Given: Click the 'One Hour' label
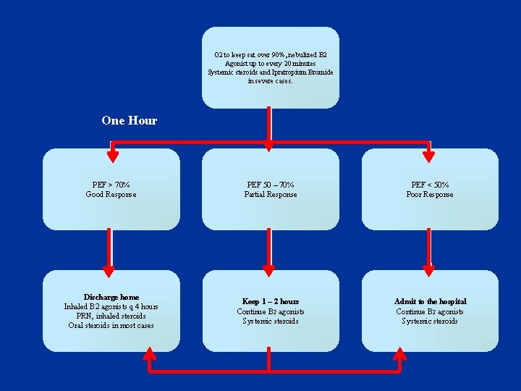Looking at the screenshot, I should click(129, 121).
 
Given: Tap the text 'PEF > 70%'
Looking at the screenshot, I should click(111, 185).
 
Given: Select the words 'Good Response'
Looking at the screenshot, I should click(111, 195).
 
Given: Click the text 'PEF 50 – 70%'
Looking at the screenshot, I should click(270, 185).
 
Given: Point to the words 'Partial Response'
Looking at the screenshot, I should click(270, 195).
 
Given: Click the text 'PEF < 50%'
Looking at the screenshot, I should click(430, 185).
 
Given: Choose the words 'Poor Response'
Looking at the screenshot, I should click(430, 195).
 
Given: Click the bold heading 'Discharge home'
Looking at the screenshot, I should click(111, 297).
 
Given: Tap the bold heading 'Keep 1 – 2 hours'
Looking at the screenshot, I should click(270, 301).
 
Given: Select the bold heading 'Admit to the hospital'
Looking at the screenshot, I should click(430, 301).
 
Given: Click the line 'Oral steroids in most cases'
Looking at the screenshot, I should click(111, 325).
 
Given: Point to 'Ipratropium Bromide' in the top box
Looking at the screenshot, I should click(303, 72).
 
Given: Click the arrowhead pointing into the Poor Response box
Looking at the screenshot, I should click(429, 154).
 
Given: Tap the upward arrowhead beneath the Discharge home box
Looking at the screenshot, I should click(150, 354).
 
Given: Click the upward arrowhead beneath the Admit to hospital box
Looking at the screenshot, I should click(400, 354).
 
